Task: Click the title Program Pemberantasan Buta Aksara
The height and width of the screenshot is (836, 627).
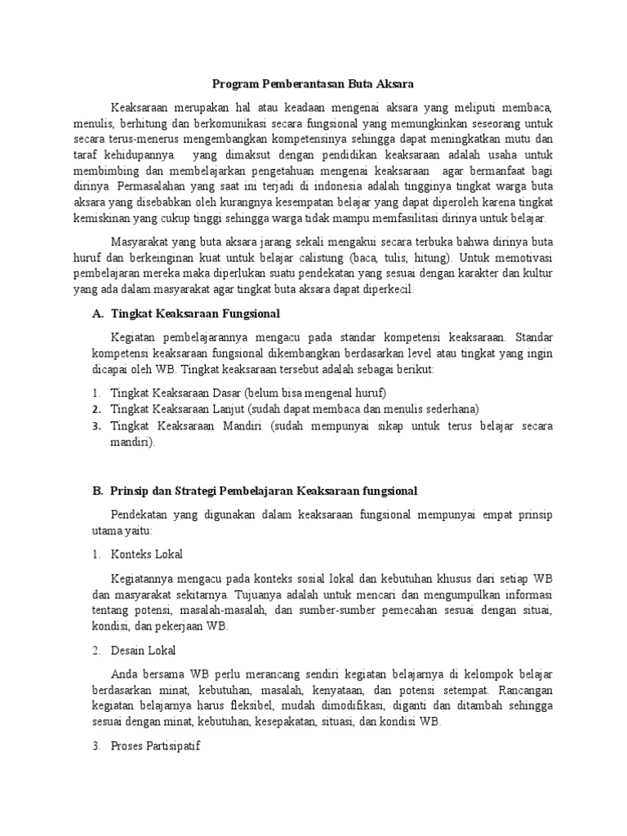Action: tap(313, 84)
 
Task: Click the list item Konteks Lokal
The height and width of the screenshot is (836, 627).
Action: tap(147, 554)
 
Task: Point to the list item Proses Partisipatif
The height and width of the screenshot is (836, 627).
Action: tap(155, 746)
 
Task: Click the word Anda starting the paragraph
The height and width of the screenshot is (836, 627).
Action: tap(123, 674)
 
